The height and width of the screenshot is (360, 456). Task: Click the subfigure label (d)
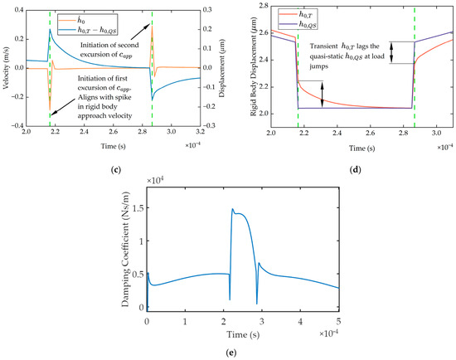[x=355, y=170]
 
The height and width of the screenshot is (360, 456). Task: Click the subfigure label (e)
[x=231, y=353]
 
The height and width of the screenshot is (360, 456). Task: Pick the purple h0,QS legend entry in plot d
[x=298, y=24]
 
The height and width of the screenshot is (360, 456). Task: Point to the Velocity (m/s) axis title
[x=7, y=68]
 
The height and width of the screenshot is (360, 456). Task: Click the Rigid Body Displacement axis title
[x=254, y=66]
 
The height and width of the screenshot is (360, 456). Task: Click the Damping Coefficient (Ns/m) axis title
[x=125, y=249]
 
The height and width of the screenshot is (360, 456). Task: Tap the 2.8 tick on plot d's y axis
[x=263, y=7]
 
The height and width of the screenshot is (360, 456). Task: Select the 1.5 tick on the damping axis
[x=138, y=208]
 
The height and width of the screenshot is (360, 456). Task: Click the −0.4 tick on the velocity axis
[x=17, y=125]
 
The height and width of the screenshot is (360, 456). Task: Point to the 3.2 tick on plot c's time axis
[x=201, y=132]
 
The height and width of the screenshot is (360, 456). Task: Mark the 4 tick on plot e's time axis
[x=300, y=322]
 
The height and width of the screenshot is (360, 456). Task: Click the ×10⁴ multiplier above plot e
[x=156, y=180]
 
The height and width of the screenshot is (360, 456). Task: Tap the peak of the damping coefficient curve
[x=233, y=209]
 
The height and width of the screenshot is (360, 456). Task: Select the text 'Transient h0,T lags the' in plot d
[x=345, y=46]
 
